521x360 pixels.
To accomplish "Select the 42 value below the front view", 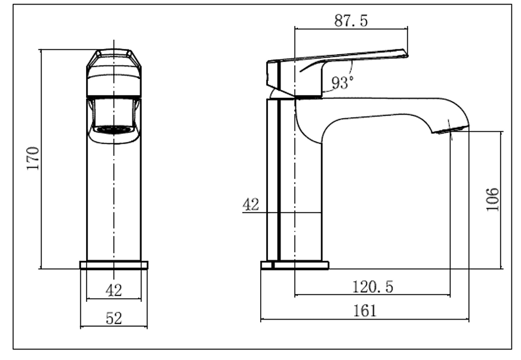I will point(113,290).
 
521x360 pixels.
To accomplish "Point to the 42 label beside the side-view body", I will point(251,204).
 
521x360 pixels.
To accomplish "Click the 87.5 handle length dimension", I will point(351,20).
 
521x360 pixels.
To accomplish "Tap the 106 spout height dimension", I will point(492,199).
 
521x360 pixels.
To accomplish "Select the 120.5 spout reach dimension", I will point(372,287).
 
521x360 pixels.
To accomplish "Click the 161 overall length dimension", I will point(365,310).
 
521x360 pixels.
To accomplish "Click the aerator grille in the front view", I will point(113,129).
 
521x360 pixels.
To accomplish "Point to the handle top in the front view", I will point(113,56).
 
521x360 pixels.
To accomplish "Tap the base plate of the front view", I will point(113,265).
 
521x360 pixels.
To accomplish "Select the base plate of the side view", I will point(295,265).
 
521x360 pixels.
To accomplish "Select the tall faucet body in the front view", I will point(113,196).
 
